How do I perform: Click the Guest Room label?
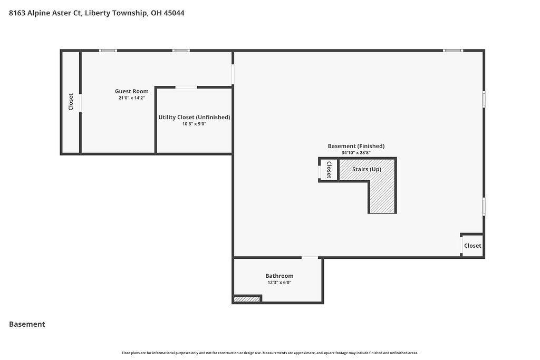(x=131, y=91)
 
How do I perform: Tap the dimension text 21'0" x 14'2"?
(x=131, y=98)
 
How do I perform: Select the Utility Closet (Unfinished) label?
(x=194, y=118)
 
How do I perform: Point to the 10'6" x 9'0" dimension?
(x=194, y=124)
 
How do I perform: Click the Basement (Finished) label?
(x=356, y=147)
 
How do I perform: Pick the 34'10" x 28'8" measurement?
(x=356, y=152)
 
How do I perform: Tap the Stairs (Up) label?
(x=367, y=169)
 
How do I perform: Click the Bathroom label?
(x=279, y=276)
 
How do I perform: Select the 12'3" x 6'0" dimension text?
(x=279, y=283)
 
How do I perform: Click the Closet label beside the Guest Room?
(x=71, y=102)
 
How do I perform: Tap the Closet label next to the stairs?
(x=329, y=170)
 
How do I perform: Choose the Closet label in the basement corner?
(x=472, y=246)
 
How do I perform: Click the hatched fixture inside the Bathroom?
(x=247, y=299)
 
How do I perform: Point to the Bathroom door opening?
(x=310, y=257)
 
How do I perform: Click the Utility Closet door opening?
(x=186, y=87)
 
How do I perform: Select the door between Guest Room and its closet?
(x=80, y=103)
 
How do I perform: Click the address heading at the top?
(x=97, y=13)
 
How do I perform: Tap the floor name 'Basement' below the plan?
(x=27, y=324)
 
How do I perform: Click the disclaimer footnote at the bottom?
(x=269, y=353)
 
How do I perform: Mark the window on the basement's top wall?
(x=453, y=51)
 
